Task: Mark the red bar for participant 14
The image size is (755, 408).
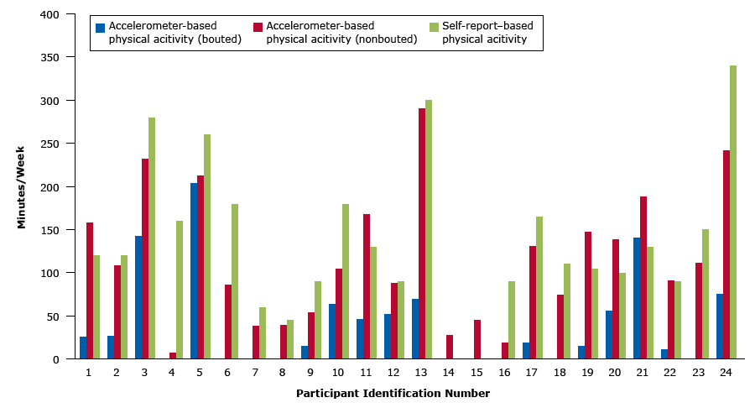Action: [449, 347]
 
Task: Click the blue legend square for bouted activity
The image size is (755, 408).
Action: [101, 27]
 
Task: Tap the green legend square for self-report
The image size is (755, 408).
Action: [434, 27]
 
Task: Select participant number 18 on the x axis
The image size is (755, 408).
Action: [560, 372]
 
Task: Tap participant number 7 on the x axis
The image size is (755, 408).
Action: [255, 372]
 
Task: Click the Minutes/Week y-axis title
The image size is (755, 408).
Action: [22, 186]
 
